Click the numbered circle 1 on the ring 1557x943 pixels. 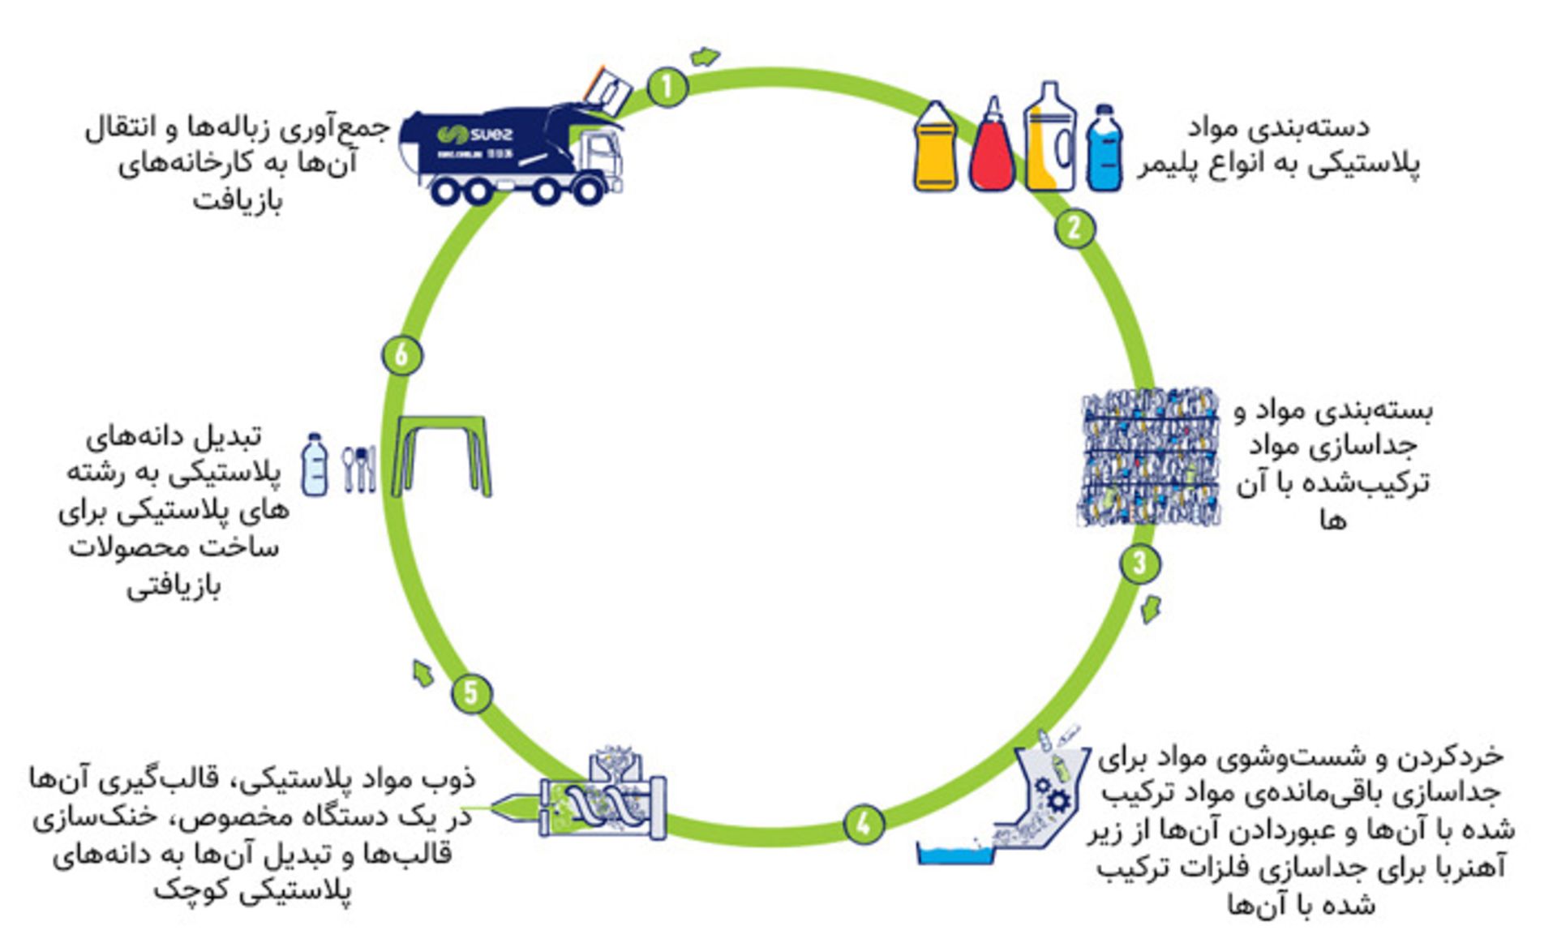667,87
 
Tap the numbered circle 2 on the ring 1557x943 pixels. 1074,228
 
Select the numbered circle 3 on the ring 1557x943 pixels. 1139,563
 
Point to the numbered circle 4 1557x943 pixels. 863,824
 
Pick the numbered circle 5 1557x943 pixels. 472,694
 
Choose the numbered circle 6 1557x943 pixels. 401,355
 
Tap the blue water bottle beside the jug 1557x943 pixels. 1104,149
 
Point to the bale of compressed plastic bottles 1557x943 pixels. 1150,457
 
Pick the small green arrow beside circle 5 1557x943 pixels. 422,673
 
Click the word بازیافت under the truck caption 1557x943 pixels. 237,200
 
